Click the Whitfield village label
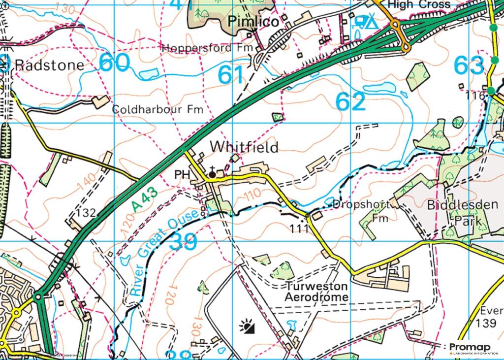244,147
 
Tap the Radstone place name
49,65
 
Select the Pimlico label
253,22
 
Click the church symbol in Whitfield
212,173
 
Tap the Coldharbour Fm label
157,109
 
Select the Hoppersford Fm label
207,48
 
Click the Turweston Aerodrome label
316,292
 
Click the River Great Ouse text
165,252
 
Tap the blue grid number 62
351,102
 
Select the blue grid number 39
183,241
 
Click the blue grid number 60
115,63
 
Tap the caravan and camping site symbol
365,22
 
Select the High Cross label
418,4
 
